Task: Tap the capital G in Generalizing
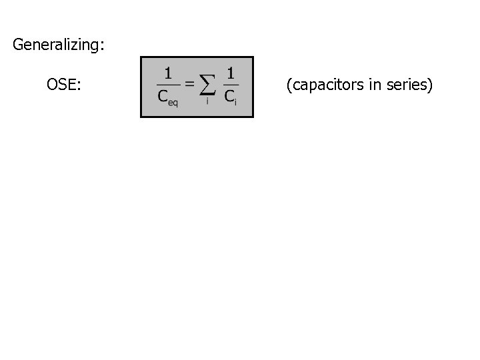pos(18,45)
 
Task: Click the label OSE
pos(62,85)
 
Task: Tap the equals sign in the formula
pos(189,83)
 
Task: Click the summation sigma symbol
pos(208,85)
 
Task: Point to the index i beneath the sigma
pos(207,101)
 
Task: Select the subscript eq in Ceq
pos(173,102)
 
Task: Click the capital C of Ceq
pos(162,97)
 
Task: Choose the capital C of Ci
pos(229,97)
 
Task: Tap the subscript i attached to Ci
pos(235,101)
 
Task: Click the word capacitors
pos(323,86)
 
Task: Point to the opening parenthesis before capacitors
pos(289,86)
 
